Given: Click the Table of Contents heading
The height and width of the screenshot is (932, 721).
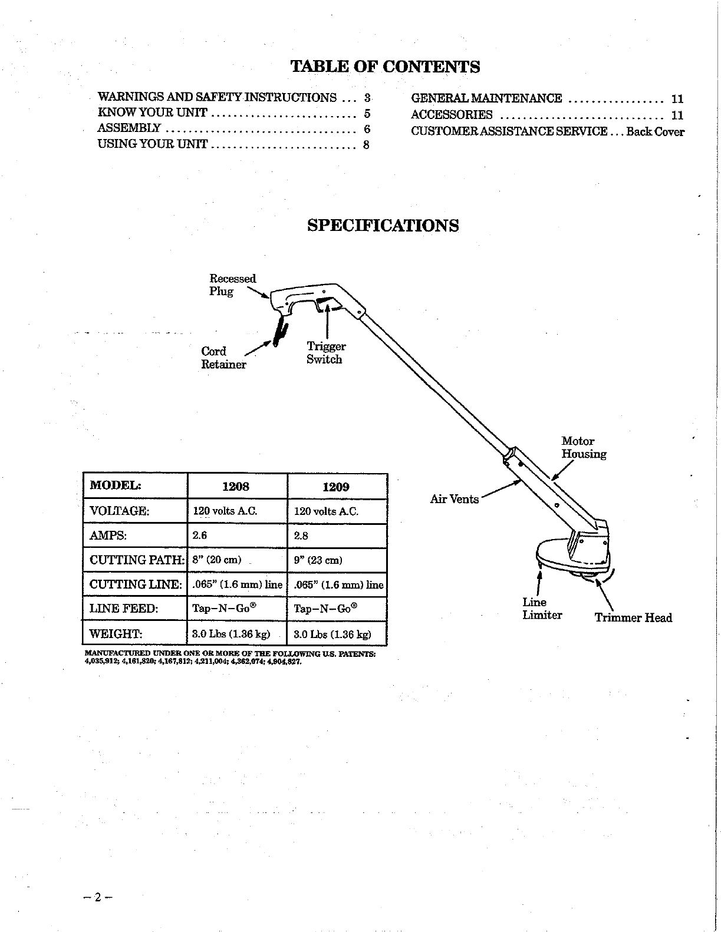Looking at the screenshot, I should click(386, 67).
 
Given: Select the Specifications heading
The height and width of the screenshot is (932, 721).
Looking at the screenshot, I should click(383, 226).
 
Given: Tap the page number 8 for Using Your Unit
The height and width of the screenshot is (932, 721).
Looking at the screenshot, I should click(366, 145).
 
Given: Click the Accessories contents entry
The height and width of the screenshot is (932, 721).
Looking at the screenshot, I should click(452, 115).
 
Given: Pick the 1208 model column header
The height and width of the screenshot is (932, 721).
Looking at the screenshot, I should click(236, 487).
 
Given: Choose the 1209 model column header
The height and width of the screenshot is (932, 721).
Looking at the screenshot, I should click(336, 487).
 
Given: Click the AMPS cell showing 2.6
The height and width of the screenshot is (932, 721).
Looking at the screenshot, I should click(200, 536).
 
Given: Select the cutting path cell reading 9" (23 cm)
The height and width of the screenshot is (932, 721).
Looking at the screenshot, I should click(318, 560).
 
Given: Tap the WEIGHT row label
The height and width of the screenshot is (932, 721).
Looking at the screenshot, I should click(116, 634).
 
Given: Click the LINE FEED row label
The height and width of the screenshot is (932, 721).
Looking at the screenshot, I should click(124, 609).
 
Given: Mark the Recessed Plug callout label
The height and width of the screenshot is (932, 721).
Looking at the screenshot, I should click(232, 285).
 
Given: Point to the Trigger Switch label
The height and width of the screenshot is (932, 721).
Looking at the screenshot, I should click(325, 353).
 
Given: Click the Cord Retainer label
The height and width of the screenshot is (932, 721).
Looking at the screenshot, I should click(223, 358).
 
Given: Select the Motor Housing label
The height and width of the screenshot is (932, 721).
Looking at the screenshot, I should click(583, 447).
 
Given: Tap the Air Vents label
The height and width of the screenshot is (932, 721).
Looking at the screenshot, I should click(454, 500).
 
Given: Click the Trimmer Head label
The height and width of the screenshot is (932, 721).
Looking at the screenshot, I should click(633, 617).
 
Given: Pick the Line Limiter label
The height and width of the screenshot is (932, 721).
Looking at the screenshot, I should click(542, 609).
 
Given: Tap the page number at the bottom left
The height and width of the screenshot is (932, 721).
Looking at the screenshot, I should click(98, 898).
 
